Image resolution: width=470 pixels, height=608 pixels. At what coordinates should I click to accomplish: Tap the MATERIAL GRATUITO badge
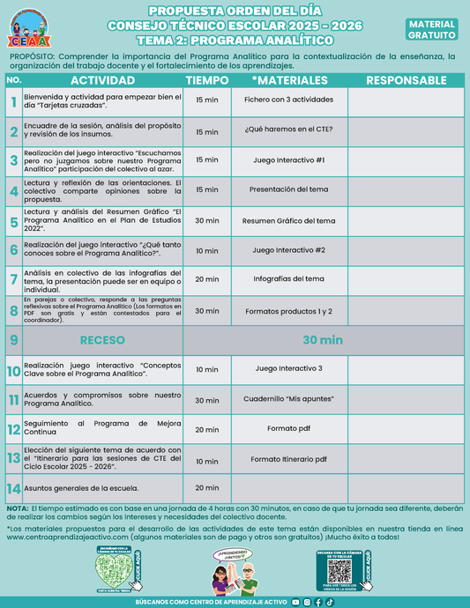pyautogui.click(x=432, y=30)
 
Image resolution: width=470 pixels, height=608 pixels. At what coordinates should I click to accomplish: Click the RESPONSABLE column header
pyautogui.click(x=406, y=80)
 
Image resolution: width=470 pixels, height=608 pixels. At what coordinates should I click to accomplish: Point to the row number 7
pyautogui.click(x=13, y=279)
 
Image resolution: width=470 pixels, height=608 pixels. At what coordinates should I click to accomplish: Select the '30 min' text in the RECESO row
pyautogui.click(x=322, y=340)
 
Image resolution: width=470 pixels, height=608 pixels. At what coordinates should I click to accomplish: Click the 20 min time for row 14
pyautogui.click(x=206, y=488)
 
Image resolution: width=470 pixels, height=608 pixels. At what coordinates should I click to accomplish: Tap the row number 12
pyautogui.click(x=13, y=430)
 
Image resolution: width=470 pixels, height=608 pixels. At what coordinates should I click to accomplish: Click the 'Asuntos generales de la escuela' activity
pyautogui.click(x=81, y=488)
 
